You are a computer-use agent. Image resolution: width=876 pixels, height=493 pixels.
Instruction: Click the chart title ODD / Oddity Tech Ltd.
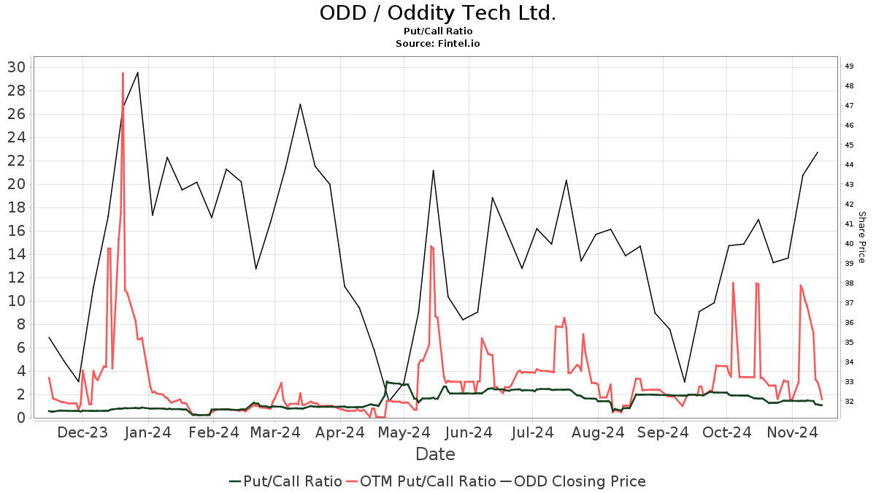(437, 13)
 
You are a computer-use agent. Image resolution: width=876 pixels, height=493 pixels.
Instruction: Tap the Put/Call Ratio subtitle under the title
(437, 31)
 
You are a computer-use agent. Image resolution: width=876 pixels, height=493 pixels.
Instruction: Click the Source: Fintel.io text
(437, 44)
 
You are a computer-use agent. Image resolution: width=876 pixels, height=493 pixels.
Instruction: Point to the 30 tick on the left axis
(17, 67)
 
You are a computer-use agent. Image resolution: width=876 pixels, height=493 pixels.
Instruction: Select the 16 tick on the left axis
(17, 231)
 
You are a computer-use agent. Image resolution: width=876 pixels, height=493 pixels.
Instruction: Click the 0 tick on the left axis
(21, 418)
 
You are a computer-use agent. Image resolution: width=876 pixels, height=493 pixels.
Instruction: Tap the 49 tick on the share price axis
(850, 66)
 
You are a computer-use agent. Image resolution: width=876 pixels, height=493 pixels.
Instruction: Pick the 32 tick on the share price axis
(850, 402)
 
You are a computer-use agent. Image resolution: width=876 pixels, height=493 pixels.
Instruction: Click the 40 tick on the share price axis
(850, 244)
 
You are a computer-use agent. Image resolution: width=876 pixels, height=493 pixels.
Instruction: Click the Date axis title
(435, 454)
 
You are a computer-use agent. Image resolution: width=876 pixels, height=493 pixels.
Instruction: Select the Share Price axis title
(861, 237)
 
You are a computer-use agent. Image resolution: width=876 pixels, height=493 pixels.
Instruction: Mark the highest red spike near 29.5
(123, 73)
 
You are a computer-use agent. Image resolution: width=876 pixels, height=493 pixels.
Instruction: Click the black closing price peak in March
(300, 104)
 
